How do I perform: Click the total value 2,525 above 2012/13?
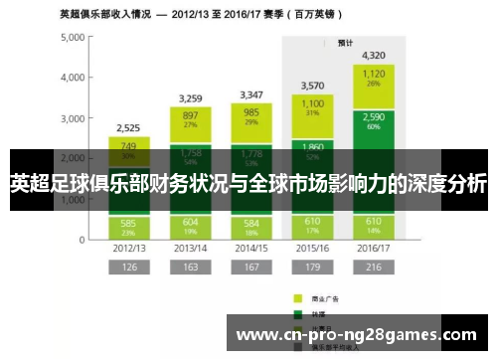click(x=128, y=128)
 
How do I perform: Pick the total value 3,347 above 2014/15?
click(x=250, y=95)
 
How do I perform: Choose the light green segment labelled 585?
click(x=128, y=226)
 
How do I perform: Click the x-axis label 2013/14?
click(x=190, y=247)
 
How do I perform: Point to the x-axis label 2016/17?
click(x=374, y=247)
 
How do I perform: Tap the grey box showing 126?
click(x=128, y=268)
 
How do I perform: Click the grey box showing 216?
click(x=374, y=268)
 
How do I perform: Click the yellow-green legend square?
click(x=297, y=297)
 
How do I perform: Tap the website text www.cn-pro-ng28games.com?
click(x=357, y=335)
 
